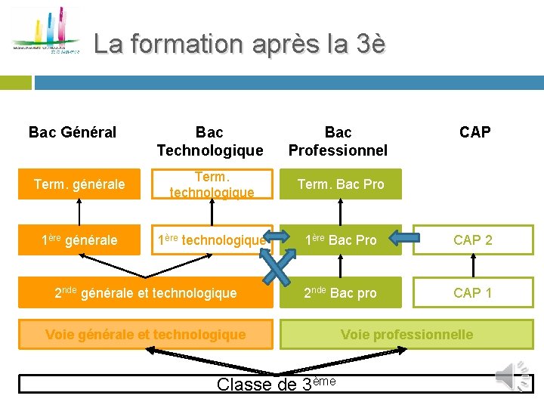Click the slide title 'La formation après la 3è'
click(240, 45)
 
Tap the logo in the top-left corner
click(46, 34)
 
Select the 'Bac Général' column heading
click(73, 133)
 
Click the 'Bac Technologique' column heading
click(210, 141)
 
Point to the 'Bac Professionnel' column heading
click(338, 141)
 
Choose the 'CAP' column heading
click(474, 133)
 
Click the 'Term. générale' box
click(79, 184)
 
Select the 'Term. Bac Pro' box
click(341, 184)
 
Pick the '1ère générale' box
click(79, 240)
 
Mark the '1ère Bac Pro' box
click(341, 240)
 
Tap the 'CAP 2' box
click(472, 240)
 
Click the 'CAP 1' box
click(472, 292)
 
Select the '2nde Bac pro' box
click(341, 292)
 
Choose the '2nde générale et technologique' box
click(146, 292)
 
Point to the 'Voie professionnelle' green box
click(406, 334)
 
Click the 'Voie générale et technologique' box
click(146, 334)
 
